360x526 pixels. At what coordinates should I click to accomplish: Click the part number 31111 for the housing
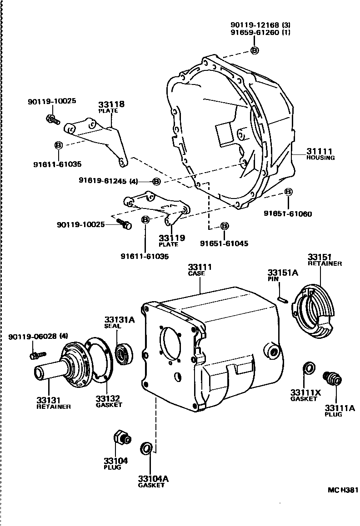(x=320, y=151)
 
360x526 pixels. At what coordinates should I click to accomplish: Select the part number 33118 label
(x=112, y=104)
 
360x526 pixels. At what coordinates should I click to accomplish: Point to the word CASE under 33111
(x=196, y=273)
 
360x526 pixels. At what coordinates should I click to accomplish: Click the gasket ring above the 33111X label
(x=308, y=368)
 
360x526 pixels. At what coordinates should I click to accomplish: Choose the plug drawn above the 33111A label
(x=332, y=378)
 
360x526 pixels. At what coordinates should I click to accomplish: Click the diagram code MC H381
(x=343, y=490)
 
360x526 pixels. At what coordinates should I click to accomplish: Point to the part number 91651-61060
(x=287, y=213)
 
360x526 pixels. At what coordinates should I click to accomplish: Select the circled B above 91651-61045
(x=225, y=226)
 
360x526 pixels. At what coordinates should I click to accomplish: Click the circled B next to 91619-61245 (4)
(x=156, y=181)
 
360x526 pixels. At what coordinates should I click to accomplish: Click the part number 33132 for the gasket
(x=108, y=399)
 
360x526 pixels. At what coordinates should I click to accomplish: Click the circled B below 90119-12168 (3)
(x=255, y=50)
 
